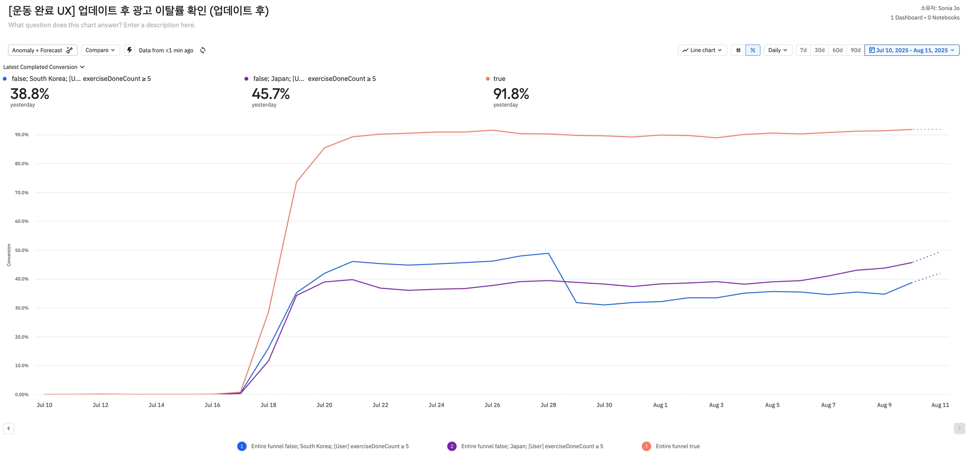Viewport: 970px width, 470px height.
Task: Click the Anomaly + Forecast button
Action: coord(43,50)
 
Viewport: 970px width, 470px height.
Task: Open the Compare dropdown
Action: coord(100,50)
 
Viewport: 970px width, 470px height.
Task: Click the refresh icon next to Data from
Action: coord(203,50)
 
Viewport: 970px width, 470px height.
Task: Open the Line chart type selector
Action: coord(702,50)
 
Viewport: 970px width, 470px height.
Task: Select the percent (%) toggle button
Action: coord(753,50)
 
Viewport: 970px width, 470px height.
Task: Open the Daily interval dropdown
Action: coord(778,50)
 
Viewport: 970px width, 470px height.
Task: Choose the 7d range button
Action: coord(803,50)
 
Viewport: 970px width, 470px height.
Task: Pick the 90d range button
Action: coord(855,50)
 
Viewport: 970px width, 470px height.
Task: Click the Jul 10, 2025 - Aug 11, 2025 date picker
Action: coord(912,50)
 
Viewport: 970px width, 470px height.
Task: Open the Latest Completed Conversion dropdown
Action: coord(44,67)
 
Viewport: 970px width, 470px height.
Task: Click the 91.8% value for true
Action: coord(511,94)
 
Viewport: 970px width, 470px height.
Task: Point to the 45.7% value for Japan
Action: coord(270,94)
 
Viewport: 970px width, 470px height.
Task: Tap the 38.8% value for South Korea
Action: coord(30,94)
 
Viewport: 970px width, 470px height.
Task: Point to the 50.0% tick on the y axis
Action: coord(22,250)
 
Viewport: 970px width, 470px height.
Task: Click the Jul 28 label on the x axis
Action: coord(548,405)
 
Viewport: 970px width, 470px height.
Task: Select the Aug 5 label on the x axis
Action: coord(772,405)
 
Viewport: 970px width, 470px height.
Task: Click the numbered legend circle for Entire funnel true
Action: coord(646,446)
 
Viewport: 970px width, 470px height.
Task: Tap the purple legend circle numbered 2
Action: coord(452,446)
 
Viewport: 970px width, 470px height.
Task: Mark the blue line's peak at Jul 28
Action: coord(548,253)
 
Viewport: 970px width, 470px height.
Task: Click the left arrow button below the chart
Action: coord(9,428)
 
